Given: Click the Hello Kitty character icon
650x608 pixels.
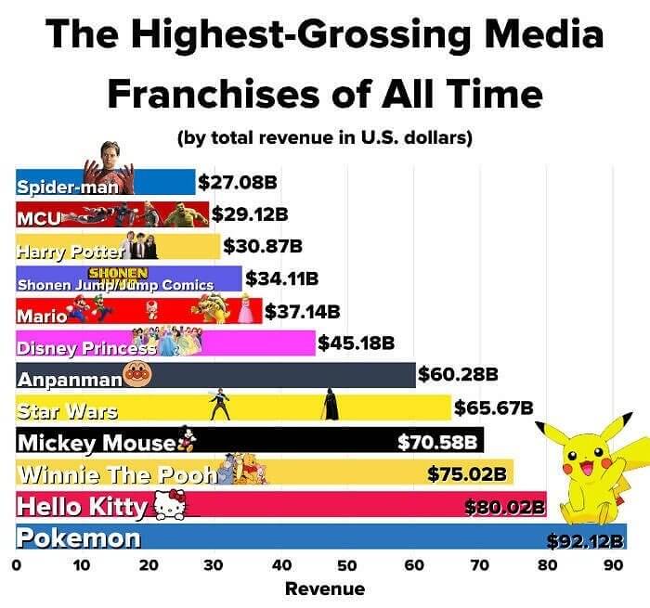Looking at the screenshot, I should coord(166,506).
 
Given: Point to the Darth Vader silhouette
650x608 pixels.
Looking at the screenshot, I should coord(330,405).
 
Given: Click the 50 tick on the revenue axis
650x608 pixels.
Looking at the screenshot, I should coord(347,564).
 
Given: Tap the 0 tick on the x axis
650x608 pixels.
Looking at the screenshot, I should coord(16,564).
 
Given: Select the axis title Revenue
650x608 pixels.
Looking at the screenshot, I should coord(325,589).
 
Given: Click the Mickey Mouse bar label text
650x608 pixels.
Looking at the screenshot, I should coord(97,441).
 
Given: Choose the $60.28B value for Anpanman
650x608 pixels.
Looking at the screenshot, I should coord(459,374).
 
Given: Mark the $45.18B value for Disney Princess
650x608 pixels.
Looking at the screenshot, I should coord(357,343).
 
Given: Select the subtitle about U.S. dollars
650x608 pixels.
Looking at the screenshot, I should coord(325,138).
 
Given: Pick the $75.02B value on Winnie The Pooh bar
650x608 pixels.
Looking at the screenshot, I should coord(467,474).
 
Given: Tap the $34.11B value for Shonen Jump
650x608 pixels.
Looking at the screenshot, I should coord(281,278).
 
